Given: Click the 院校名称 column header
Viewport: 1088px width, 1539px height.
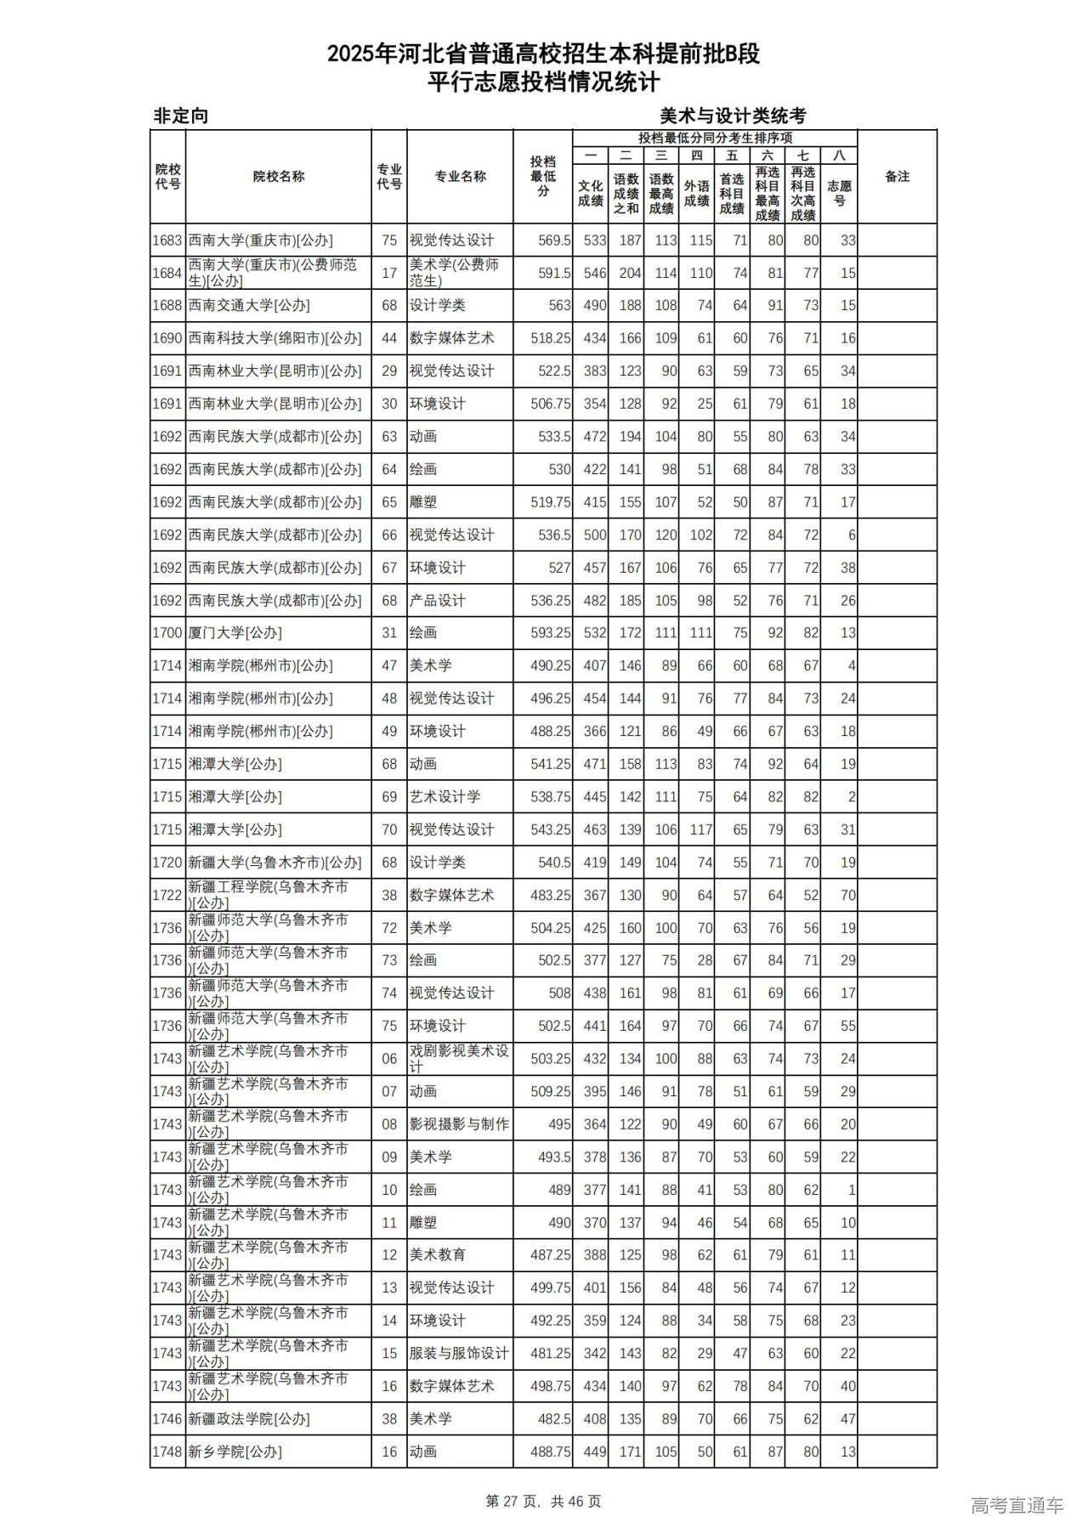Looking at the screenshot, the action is [278, 177].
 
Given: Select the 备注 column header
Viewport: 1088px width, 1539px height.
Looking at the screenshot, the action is [897, 177].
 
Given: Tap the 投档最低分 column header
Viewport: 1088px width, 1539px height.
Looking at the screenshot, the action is [543, 177].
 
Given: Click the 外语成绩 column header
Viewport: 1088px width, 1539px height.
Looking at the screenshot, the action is [696, 193].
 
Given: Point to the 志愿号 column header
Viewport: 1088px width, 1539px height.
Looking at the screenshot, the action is [839, 193].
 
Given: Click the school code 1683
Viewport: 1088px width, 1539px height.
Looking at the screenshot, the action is [167, 240].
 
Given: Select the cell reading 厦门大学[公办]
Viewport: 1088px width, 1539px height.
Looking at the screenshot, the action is [235, 633].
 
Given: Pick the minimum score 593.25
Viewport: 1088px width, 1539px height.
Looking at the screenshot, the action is [550, 633].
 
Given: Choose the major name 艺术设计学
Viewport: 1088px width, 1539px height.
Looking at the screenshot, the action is [445, 797].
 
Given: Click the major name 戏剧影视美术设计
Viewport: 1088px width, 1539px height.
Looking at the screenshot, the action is [459, 1059].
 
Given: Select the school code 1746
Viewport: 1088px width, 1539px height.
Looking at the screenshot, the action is [167, 1419].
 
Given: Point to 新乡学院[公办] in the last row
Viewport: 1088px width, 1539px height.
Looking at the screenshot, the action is [235, 1452].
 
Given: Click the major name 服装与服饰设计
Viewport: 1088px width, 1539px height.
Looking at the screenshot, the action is [459, 1354].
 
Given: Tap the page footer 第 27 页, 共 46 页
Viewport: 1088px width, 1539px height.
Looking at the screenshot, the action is [543, 1502].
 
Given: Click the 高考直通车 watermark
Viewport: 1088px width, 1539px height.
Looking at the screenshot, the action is [1017, 1506].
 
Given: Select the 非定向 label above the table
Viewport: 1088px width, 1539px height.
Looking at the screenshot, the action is [181, 116].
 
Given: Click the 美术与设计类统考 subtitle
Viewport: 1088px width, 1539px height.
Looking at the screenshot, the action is [733, 116].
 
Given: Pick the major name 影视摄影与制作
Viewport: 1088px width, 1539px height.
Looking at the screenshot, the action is [459, 1124].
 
